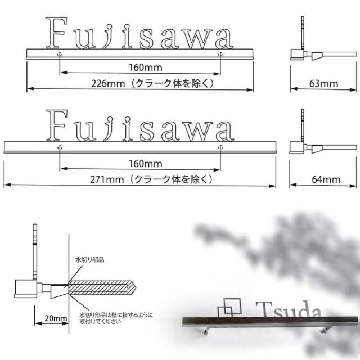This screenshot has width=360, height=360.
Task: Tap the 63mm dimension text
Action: [x=323, y=84]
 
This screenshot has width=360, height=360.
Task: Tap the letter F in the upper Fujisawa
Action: [x=58, y=33]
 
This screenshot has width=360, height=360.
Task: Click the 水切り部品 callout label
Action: [x=91, y=260]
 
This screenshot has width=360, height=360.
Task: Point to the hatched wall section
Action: [x=101, y=287]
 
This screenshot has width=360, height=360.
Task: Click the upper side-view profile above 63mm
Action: [x=307, y=48]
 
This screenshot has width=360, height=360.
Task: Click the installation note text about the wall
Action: [x=115, y=318]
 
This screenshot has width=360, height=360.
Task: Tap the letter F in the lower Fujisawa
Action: [x=58, y=126]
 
